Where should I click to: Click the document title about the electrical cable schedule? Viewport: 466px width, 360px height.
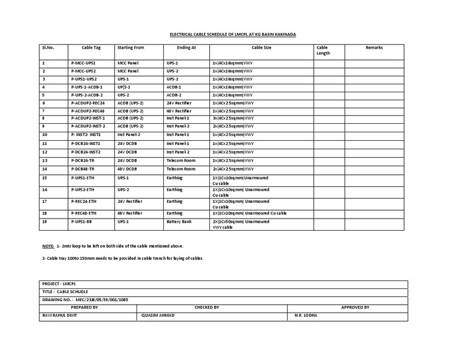[232, 35]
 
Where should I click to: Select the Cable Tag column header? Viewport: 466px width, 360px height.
[91, 47]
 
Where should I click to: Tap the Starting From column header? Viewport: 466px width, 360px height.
[130, 47]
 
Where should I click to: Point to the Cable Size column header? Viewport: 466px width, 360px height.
[262, 47]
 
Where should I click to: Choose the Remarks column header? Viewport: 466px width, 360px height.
[374, 47]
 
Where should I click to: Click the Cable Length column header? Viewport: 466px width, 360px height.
[323, 50]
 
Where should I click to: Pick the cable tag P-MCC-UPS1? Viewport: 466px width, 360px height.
[84, 63]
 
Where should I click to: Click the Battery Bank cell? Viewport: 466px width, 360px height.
[178, 222]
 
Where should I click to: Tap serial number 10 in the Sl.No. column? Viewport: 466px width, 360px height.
[44, 134]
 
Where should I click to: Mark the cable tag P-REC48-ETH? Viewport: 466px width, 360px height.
[84, 213]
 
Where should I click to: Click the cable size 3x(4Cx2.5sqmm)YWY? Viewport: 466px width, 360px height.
[233, 118]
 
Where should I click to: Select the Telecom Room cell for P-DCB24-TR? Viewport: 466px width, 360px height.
[181, 160]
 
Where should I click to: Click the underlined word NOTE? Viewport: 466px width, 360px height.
[47, 246]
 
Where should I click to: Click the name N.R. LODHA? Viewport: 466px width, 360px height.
[306, 316]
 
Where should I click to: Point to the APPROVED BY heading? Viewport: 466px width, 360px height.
[355, 308]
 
